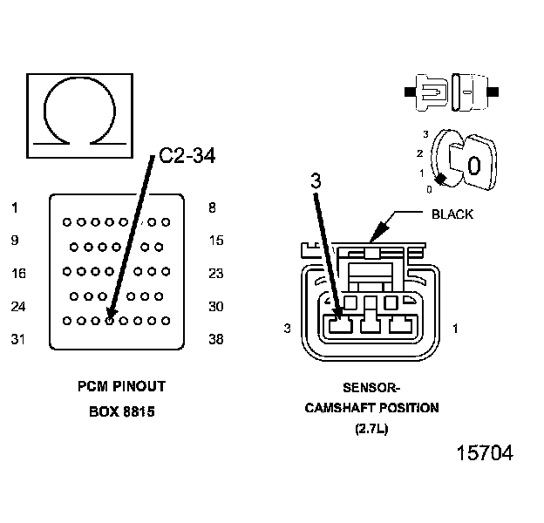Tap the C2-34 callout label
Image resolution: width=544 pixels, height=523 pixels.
(x=187, y=156)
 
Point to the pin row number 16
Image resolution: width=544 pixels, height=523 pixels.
(x=17, y=274)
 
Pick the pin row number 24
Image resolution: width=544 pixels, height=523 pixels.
(x=17, y=307)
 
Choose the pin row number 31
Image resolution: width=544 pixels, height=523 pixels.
(x=17, y=340)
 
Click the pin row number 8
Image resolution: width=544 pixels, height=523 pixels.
(x=213, y=207)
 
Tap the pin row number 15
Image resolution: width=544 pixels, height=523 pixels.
(x=216, y=241)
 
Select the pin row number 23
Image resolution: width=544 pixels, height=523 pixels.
(x=216, y=274)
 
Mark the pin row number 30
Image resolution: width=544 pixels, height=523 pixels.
(x=216, y=307)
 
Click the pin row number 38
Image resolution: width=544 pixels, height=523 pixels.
(x=216, y=340)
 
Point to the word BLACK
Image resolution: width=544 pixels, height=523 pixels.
(x=452, y=214)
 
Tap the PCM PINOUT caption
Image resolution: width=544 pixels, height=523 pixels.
(x=121, y=386)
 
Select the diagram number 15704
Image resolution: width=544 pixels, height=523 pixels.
(x=485, y=454)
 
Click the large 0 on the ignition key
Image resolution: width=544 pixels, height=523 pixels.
(x=473, y=165)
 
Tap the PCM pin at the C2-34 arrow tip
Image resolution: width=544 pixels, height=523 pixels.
(x=110, y=321)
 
